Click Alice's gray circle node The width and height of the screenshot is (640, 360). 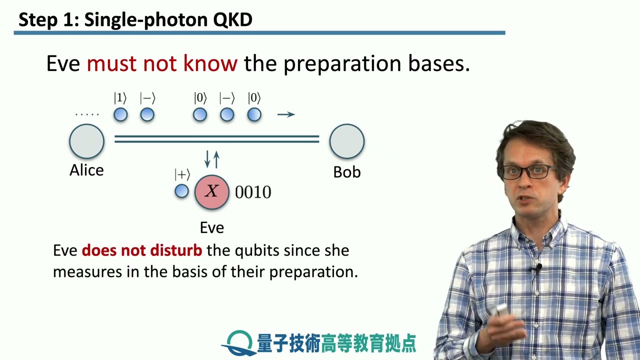[x=86, y=141]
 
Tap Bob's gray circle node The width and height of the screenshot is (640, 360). [x=346, y=141]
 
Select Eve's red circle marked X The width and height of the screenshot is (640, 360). [x=211, y=191]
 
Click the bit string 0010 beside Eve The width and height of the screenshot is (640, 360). [x=253, y=192]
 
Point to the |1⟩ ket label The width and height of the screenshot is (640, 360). [x=120, y=98]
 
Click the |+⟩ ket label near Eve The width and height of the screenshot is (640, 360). [x=182, y=174]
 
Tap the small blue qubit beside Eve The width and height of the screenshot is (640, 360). [x=181, y=191]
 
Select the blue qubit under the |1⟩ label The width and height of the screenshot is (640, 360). [x=120, y=114]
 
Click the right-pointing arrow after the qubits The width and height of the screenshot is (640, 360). [x=286, y=114]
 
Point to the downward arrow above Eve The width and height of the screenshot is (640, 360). [x=207, y=159]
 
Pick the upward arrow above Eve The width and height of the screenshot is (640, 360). [x=216, y=159]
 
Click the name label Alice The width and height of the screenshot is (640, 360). [x=86, y=170]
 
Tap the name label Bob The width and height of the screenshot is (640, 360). [x=346, y=172]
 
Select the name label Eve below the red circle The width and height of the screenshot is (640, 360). [x=211, y=227]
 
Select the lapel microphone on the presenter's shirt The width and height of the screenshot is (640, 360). [x=536, y=268]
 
